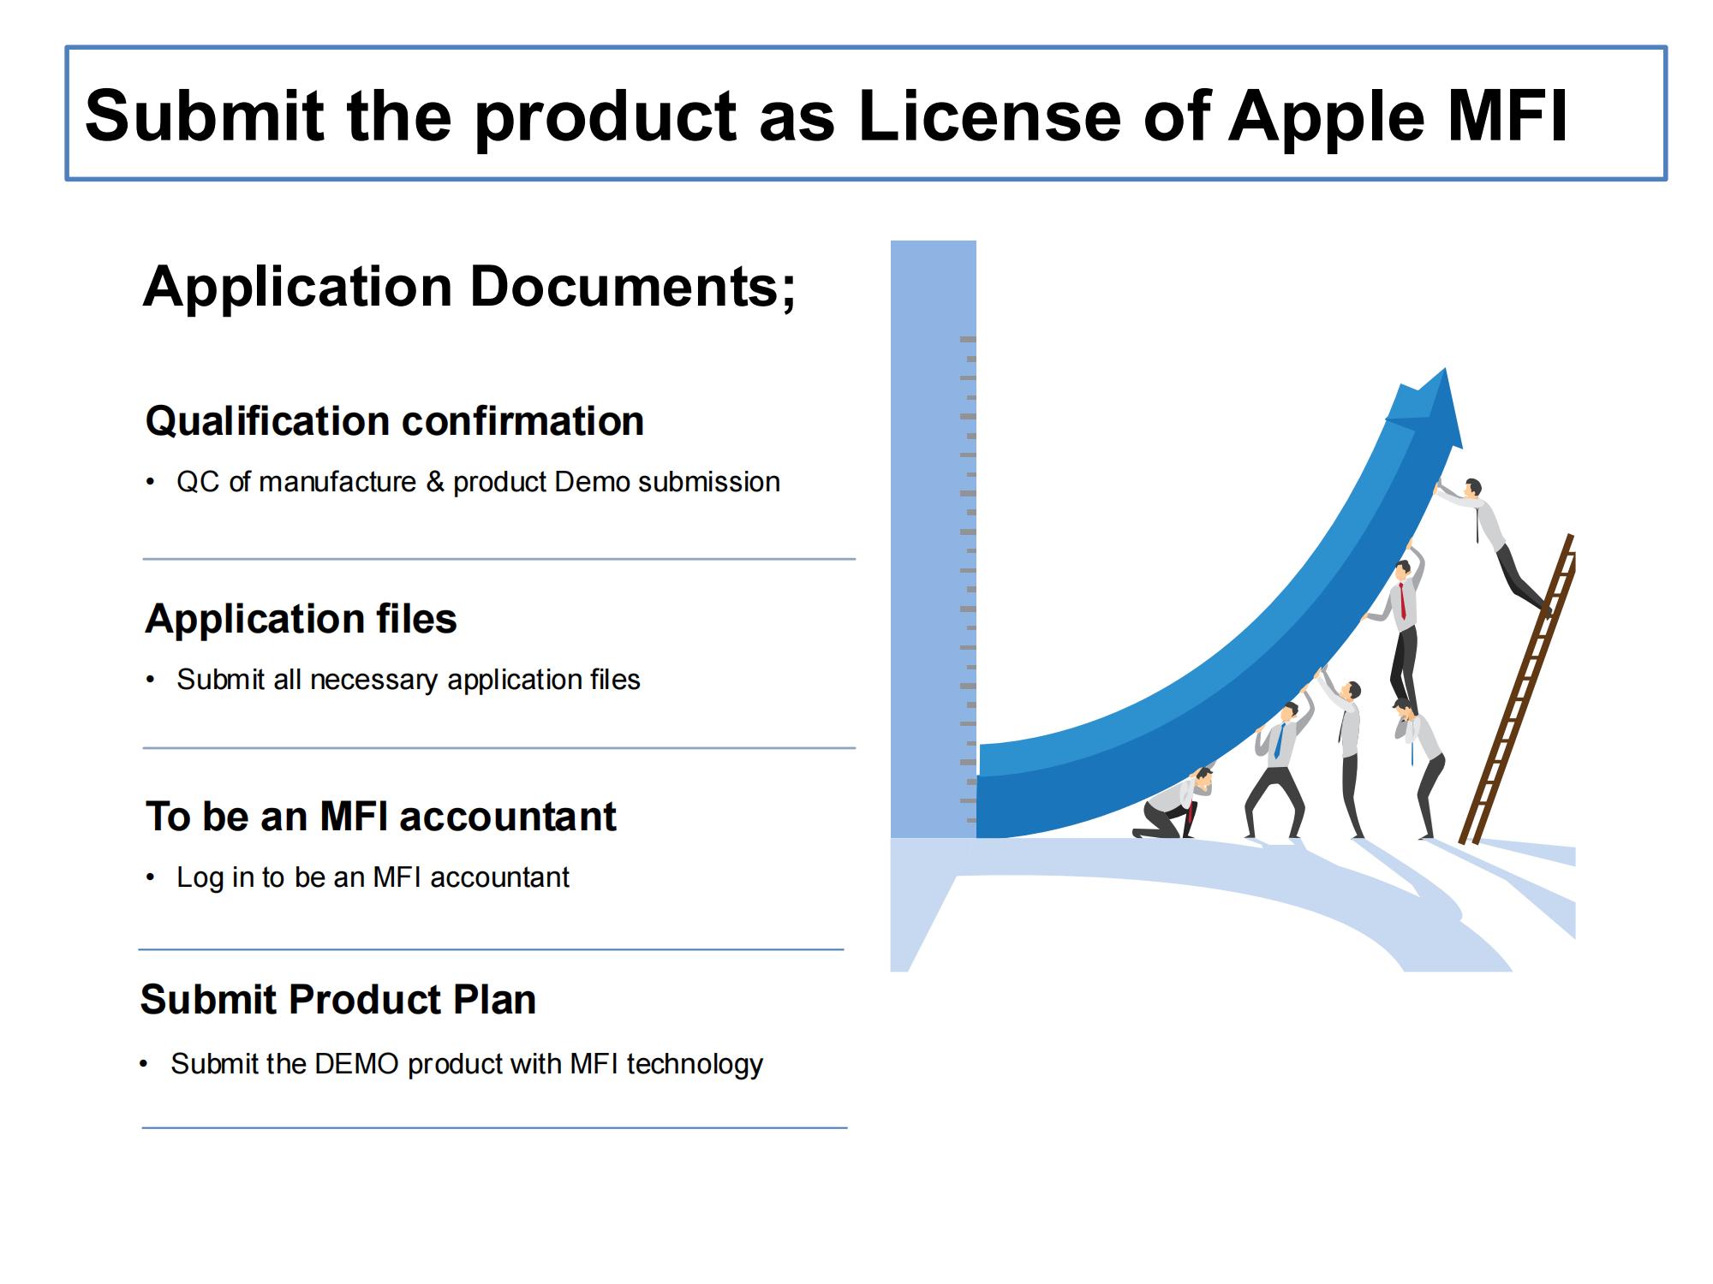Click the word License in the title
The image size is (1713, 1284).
pyautogui.click(x=989, y=116)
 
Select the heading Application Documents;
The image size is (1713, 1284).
pyautogui.click(x=469, y=286)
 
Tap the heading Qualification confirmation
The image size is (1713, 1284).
pyautogui.click(x=395, y=421)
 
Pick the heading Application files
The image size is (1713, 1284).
pyautogui.click(x=301, y=618)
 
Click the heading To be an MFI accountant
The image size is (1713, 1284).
pyautogui.click(x=381, y=816)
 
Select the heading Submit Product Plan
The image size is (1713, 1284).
pyautogui.click(x=338, y=999)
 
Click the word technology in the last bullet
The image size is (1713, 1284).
pyautogui.click(x=695, y=1064)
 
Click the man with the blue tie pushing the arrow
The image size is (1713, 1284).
pyautogui.click(x=1277, y=762)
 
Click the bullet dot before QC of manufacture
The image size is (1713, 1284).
pyautogui.click(x=151, y=482)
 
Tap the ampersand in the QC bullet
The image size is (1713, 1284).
pyautogui.click(x=435, y=482)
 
